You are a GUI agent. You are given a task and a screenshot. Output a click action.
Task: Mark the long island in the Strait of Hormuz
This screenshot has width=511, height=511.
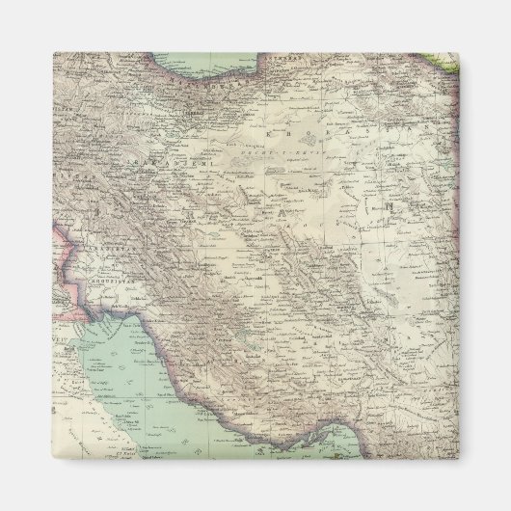tap(347, 444)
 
